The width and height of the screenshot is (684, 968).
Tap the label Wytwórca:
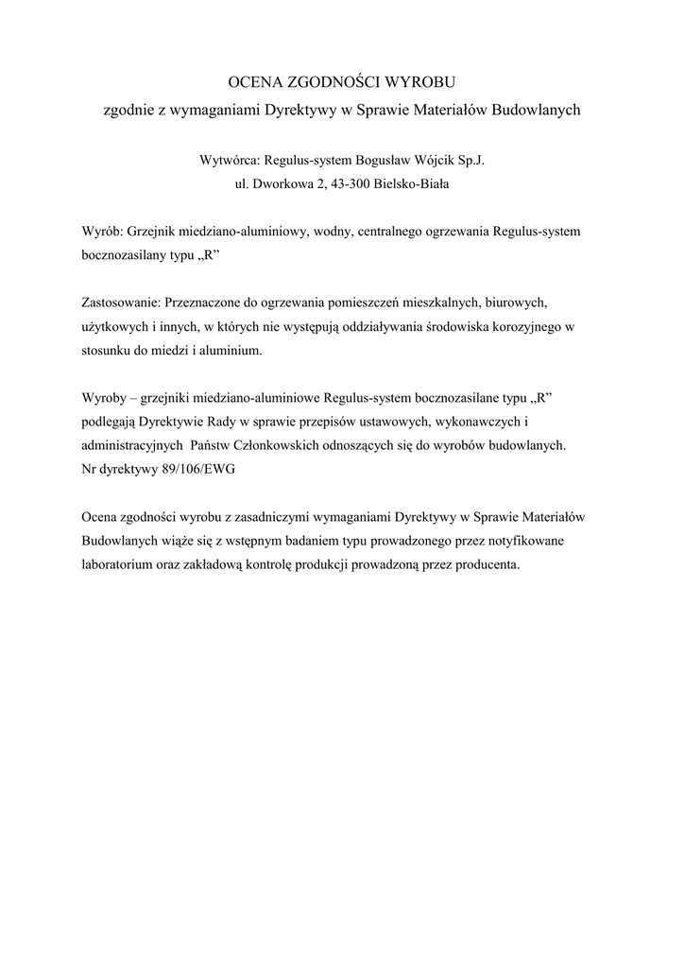click(231, 161)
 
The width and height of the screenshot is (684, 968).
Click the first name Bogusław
click(385, 161)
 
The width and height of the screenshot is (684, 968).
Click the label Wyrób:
click(101, 232)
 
